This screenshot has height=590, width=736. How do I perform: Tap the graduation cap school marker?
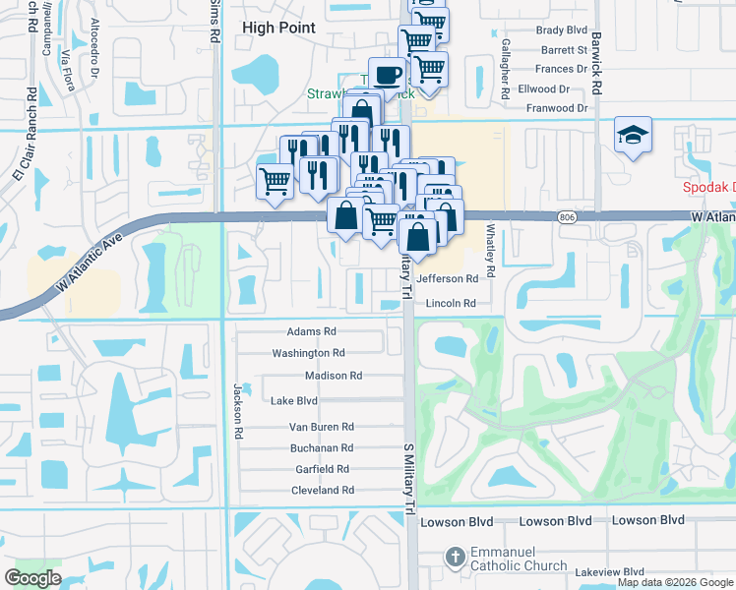[x=633, y=136]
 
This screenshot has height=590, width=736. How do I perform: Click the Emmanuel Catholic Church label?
[x=518, y=560]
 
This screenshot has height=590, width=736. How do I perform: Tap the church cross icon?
[x=454, y=558]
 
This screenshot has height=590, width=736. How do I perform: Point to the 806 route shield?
[x=567, y=217]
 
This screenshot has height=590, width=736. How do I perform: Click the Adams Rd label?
[x=312, y=332]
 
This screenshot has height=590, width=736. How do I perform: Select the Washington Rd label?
[x=308, y=353]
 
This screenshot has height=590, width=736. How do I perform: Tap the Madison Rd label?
[x=334, y=376]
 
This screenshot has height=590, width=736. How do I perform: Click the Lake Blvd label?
[x=294, y=401]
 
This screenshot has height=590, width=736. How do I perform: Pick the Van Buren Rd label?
[x=321, y=427]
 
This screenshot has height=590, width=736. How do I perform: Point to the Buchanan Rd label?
[x=321, y=447]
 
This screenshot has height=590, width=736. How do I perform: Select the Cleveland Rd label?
[x=323, y=491]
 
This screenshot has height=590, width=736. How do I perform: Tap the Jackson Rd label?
[x=238, y=411]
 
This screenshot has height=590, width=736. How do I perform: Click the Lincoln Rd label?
[x=451, y=304]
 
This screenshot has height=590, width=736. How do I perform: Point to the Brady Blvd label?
[x=563, y=30]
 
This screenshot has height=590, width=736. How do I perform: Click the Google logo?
[x=32, y=578]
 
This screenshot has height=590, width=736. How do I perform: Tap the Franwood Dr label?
[x=557, y=108]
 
